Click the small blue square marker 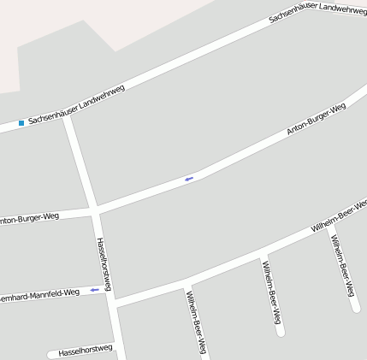[21, 123]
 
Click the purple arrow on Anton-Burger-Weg [188, 178]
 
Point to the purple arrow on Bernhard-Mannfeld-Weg [93, 290]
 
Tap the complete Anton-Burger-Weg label [316, 120]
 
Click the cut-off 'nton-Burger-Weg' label [29, 219]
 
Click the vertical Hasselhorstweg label [104, 263]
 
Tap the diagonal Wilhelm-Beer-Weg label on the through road [339, 217]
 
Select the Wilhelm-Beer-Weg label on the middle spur [272, 292]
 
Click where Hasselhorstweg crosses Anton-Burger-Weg [95, 210]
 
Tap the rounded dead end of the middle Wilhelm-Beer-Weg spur [280, 331]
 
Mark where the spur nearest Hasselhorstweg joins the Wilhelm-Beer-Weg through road [186, 283]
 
